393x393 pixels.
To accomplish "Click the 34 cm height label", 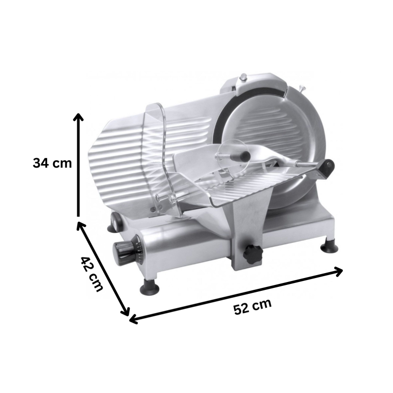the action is click(53, 164).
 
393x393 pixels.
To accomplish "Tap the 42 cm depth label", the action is click(92, 274).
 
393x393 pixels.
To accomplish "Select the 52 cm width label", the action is click(253, 306).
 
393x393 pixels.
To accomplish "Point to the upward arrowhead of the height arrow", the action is click(79, 118).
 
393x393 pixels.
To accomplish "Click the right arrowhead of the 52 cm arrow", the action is click(338, 272).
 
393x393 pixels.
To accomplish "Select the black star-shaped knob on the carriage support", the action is click(252, 254).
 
